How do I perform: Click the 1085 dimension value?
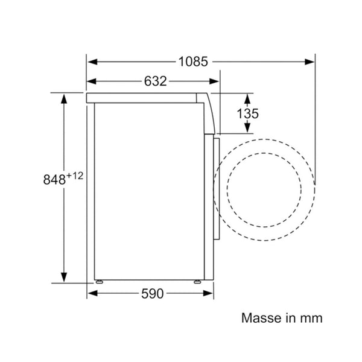[x=193, y=62]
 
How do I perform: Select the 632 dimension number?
[x=156, y=81]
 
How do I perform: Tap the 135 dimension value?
[x=248, y=113]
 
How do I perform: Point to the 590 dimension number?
[x=153, y=294]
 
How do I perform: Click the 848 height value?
[x=54, y=179]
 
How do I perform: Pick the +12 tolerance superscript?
[x=75, y=176]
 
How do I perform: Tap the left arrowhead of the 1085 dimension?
[x=92, y=62]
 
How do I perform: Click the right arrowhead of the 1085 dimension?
[x=310, y=62]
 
